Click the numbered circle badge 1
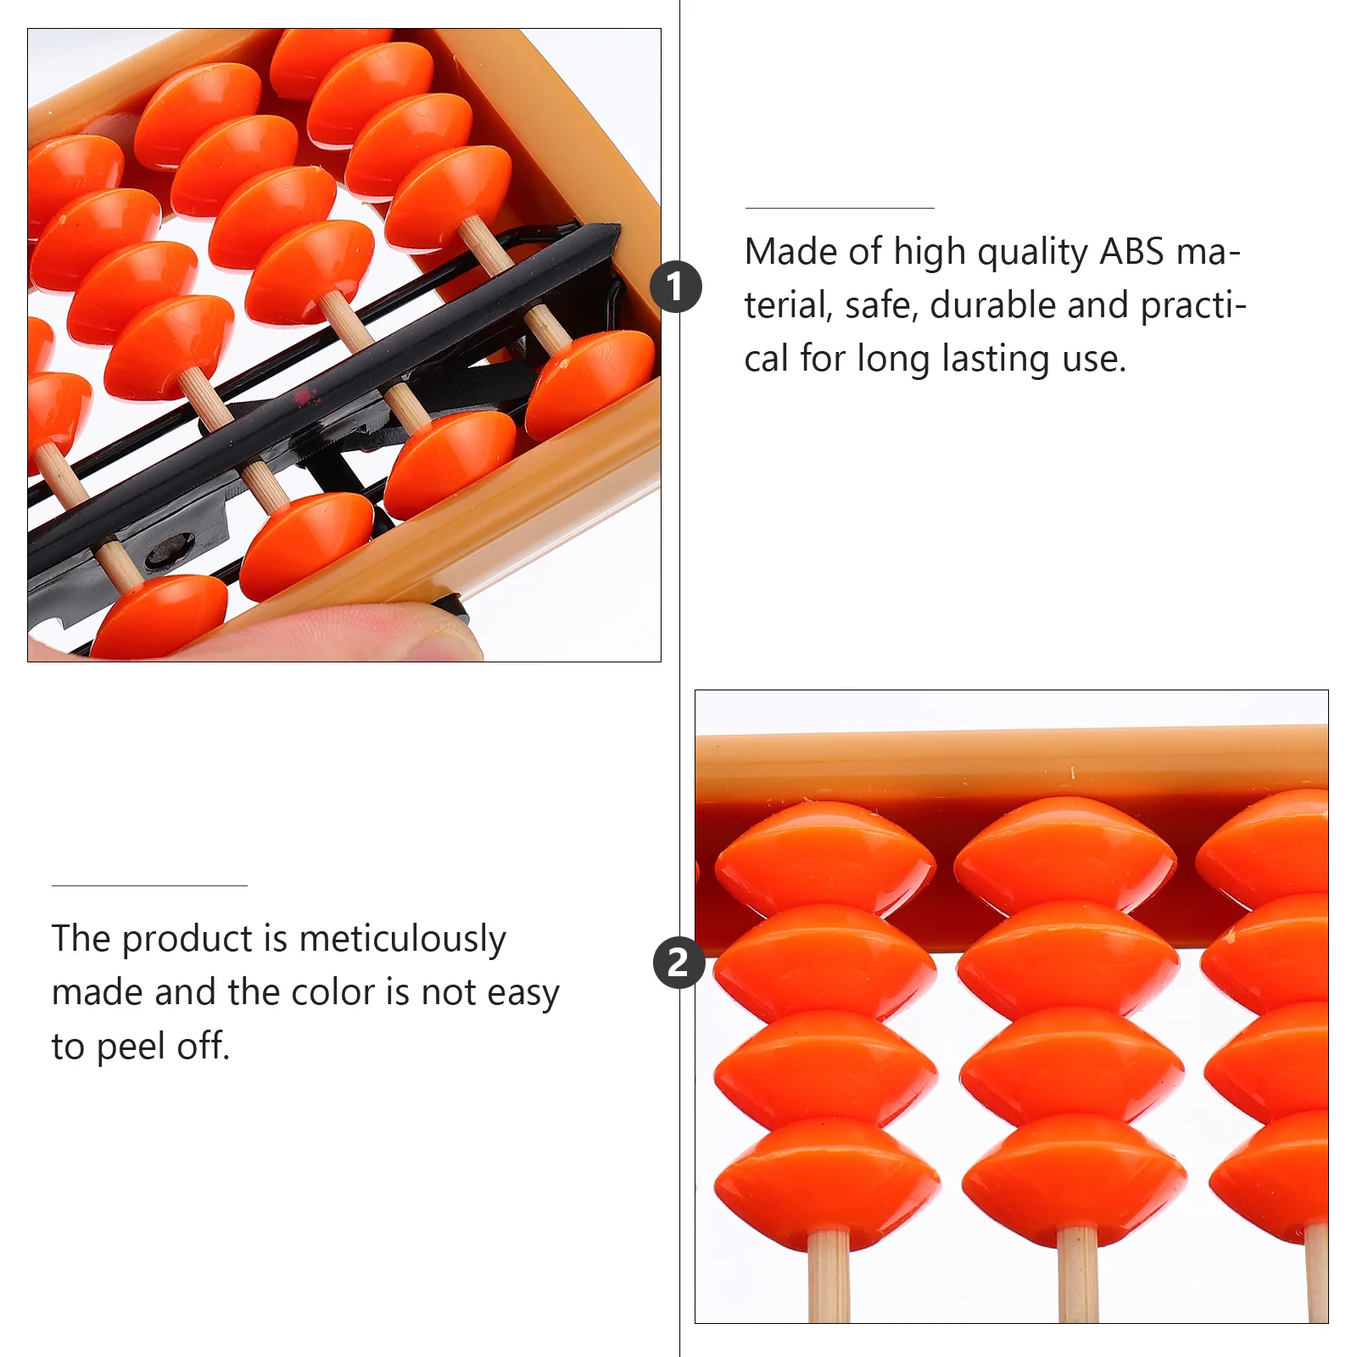pyautogui.click(x=676, y=287)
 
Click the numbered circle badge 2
pyautogui.click(x=678, y=963)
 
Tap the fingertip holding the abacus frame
pyautogui.click(x=407, y=632)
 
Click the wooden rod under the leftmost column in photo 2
pyautogui.click(x=829, y=1276)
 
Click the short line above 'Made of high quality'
pyautogui.click(x=839, y=208)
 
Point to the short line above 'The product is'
pyautogui.click(x=149, y=885)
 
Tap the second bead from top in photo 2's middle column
pyautogui.click(x=1069, y=958)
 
